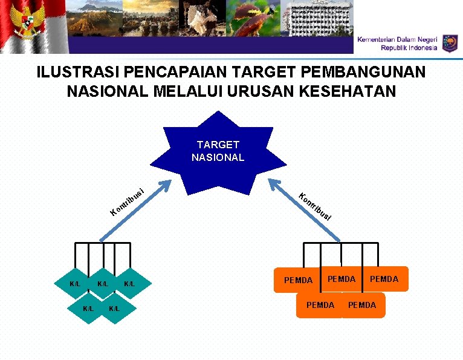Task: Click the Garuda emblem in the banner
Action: [x=28, y=24]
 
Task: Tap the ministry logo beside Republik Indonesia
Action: [x=450, y=43]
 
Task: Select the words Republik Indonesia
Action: [x=409, y=47]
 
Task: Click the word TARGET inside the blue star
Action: [x=218, y=145]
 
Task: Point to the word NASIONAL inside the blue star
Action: [x=218, y=157]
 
